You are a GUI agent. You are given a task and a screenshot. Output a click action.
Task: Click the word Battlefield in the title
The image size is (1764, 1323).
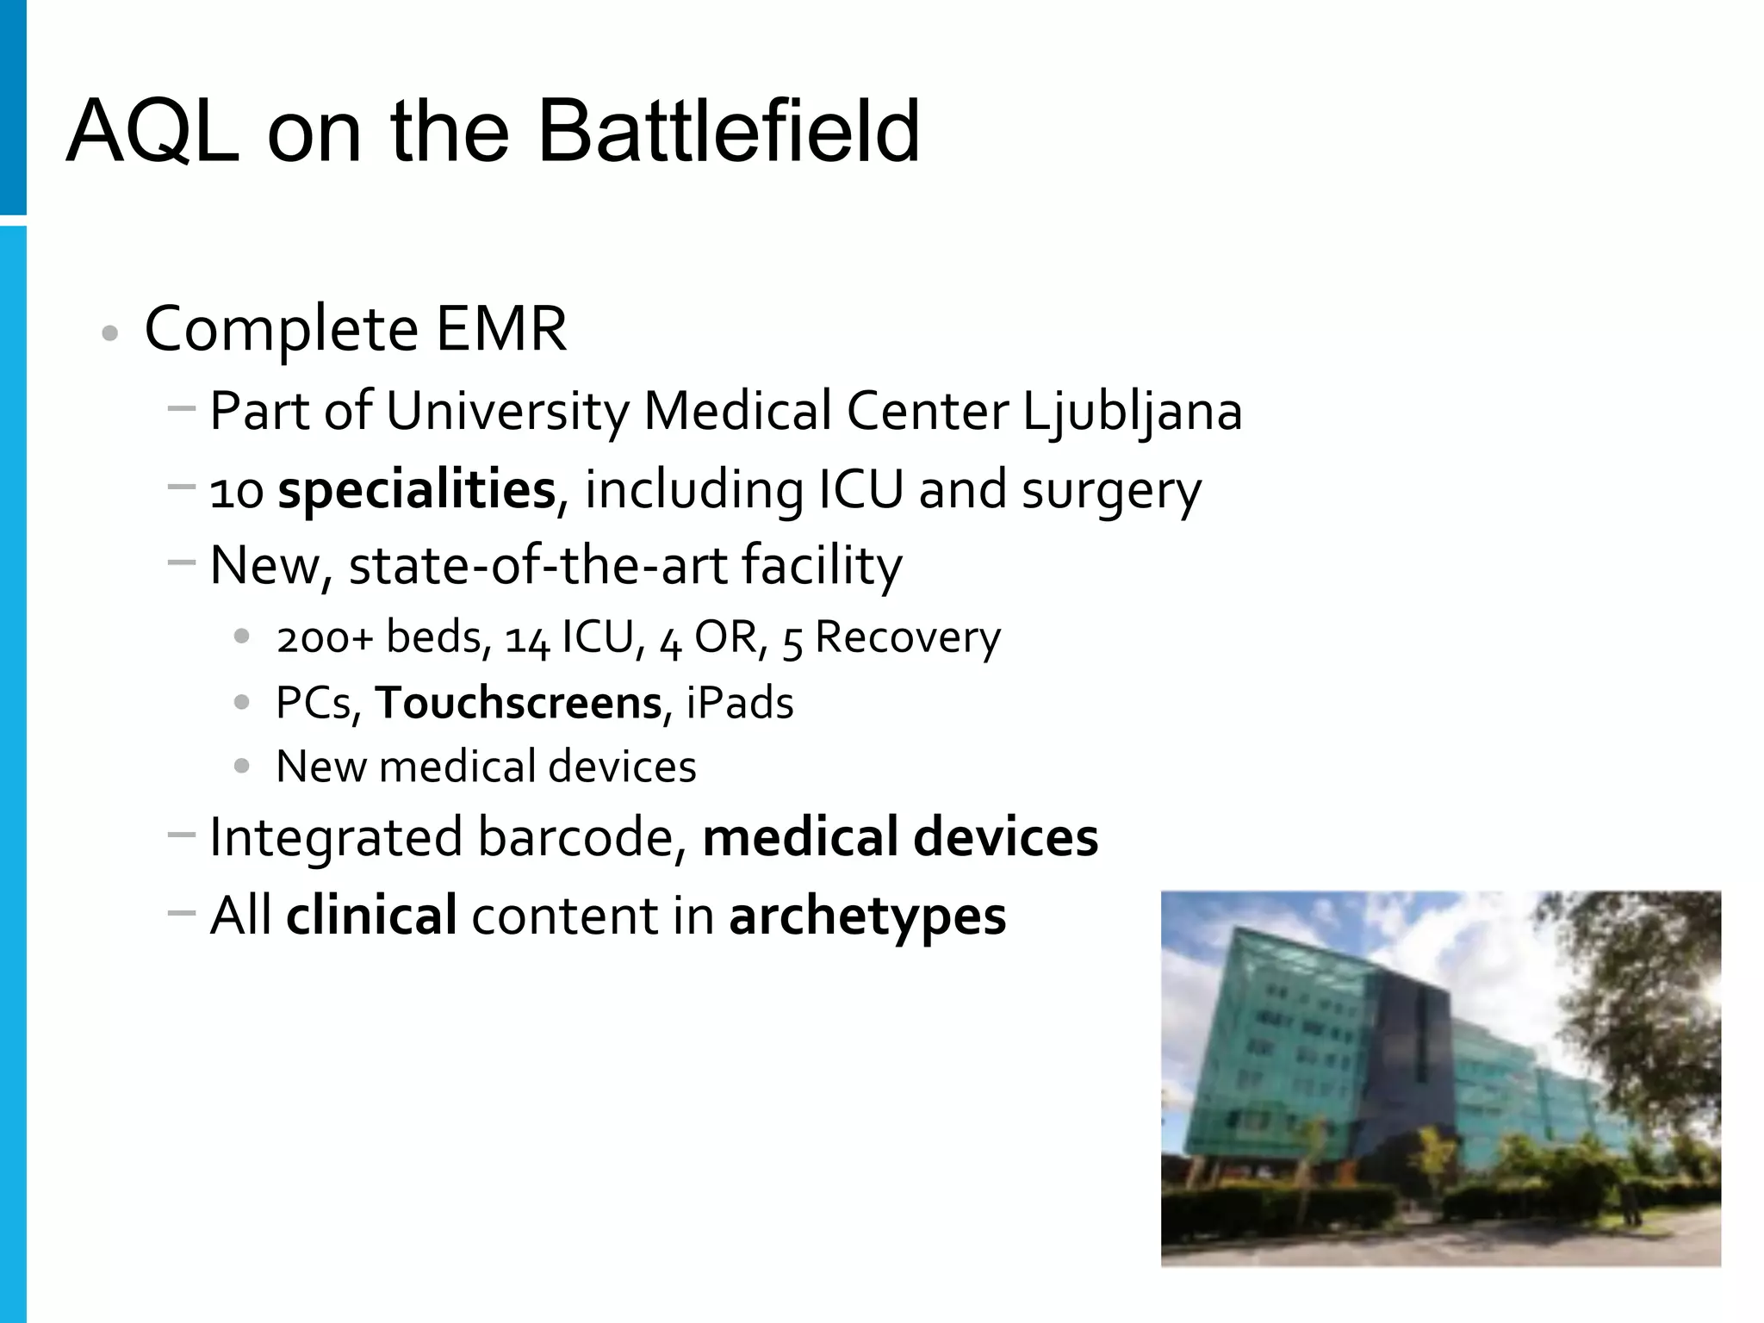[x=729, y=131]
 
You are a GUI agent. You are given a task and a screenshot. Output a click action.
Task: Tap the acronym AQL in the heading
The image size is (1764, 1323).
[x=152, y=133]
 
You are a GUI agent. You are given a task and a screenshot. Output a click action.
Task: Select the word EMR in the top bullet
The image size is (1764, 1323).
[x=501, y=328]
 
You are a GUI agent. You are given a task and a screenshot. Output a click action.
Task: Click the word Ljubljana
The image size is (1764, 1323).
[x=1132, y=411]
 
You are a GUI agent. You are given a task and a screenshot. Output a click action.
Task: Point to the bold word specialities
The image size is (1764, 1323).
[x=417, y=490]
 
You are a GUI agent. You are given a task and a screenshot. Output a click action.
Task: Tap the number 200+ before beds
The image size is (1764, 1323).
[x=325, y=637]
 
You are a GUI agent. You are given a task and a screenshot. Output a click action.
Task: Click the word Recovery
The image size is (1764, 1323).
[x=908, y=637]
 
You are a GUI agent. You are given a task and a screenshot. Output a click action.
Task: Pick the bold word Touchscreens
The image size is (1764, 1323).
[x=518, y=702]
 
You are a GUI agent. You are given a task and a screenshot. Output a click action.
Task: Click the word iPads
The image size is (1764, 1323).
[x=740, y=702]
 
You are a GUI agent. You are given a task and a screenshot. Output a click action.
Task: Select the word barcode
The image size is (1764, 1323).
[x=575, y=836]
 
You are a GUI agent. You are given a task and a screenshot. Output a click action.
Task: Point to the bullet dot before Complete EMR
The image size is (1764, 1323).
[x=109, y=333]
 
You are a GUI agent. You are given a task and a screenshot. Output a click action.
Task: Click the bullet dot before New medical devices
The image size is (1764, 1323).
[x=242, y=765]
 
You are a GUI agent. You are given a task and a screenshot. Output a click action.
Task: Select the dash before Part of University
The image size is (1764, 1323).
[x=182, y=407]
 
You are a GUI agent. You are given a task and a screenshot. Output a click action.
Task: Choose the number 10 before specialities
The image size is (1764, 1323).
[x=236, y=492]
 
